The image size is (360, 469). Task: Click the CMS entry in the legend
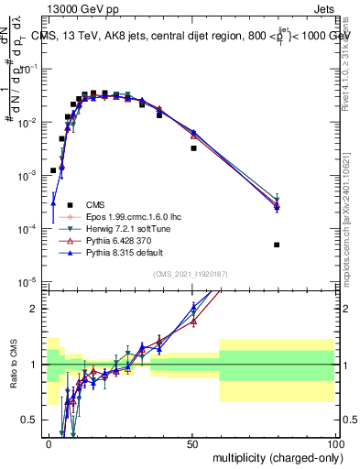[95, 204]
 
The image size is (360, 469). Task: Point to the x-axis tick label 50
[191, 443]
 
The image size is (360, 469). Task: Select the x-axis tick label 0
[49, 443]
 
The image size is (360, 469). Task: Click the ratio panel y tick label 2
[37, 309]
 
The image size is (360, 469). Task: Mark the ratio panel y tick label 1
[37, 365]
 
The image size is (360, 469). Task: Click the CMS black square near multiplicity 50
[193, 147]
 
